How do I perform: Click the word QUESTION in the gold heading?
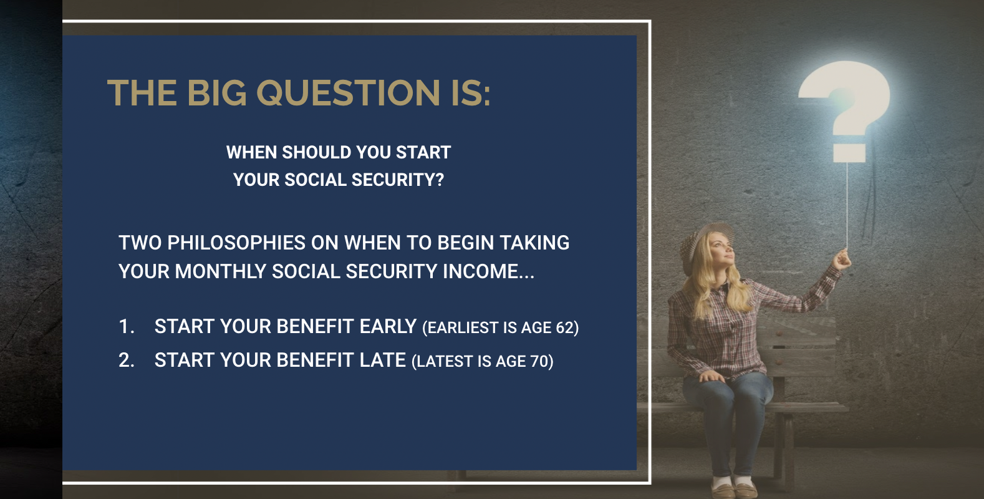coord(348,93)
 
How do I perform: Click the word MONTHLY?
coord(220,271)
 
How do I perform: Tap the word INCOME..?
coord(481,271)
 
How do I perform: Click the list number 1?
coord(126,326)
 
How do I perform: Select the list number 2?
coord(126,360)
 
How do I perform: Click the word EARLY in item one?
coord(388,326)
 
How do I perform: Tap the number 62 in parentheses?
coord(564,327)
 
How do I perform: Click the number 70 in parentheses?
coord(538,361)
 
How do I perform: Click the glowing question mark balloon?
coord(845,100)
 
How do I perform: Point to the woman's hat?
coord(702,240)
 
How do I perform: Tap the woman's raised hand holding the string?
coord(842,259)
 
